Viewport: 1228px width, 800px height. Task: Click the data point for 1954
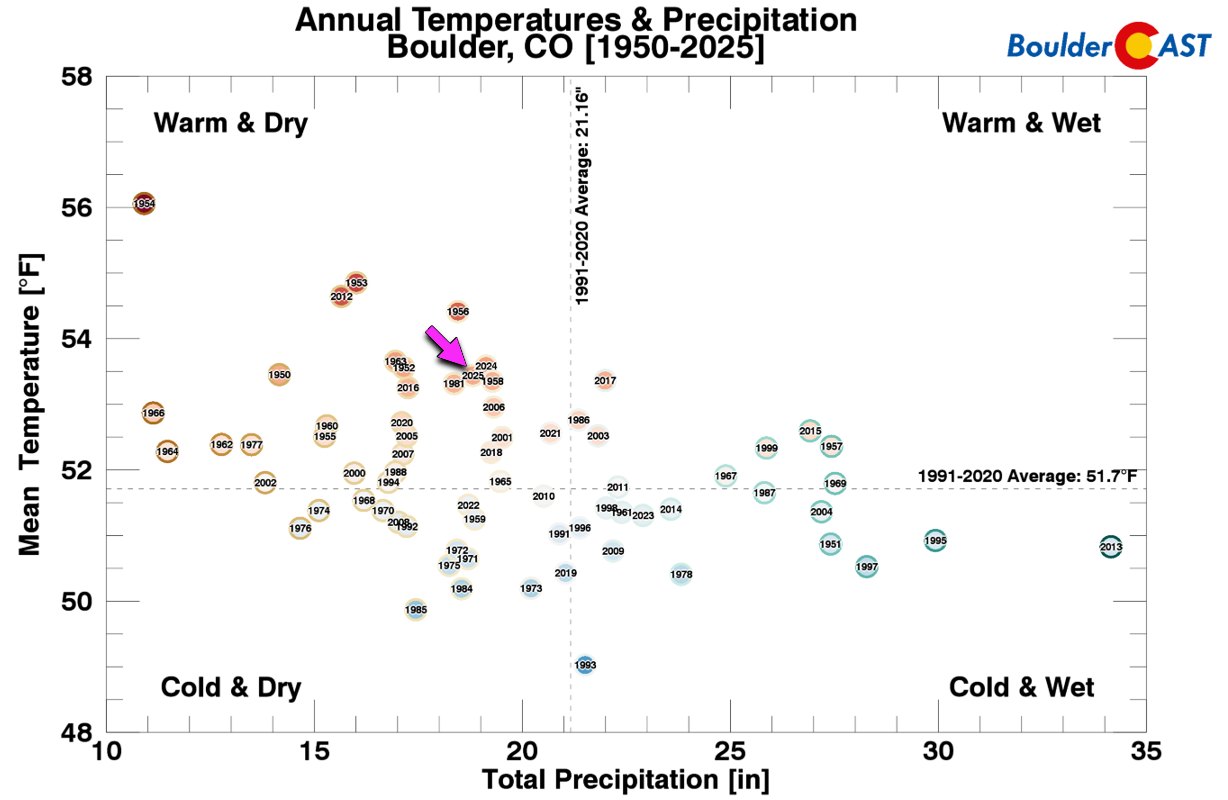pos(144,204)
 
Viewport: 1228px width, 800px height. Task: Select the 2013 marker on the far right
pos(1110,547)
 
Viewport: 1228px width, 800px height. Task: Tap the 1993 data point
pos(585,665)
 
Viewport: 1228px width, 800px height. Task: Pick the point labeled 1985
pos(416,610)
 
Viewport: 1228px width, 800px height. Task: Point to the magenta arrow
pos(445,347)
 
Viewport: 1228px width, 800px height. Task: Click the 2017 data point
pos(605,380)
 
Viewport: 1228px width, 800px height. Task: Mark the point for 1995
pos(935,541)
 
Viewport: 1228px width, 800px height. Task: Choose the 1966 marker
pos(153,413)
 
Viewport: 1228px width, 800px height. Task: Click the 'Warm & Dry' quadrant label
pos(230,123)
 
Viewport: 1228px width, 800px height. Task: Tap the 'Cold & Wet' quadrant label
pos(1021,688)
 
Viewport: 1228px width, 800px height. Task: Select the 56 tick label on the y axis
pos(76,208)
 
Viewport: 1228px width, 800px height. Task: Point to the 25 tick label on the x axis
pos(729,752)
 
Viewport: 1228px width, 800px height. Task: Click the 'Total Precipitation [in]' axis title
pos(625,779)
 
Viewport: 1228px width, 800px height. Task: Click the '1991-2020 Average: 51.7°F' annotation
pos(1027,476)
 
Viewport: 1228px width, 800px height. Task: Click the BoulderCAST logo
pos(1109,45)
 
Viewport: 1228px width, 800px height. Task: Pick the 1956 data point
pos(457,311)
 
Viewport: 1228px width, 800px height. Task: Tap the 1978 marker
pos(681,574)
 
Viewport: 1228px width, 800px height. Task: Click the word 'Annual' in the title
pos(348,21)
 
